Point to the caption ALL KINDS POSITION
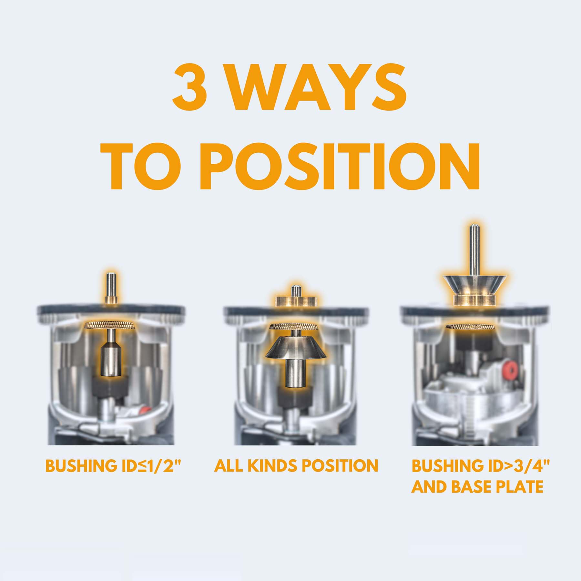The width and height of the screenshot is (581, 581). point(296,465)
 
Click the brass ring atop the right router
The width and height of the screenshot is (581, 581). point(474,300)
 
